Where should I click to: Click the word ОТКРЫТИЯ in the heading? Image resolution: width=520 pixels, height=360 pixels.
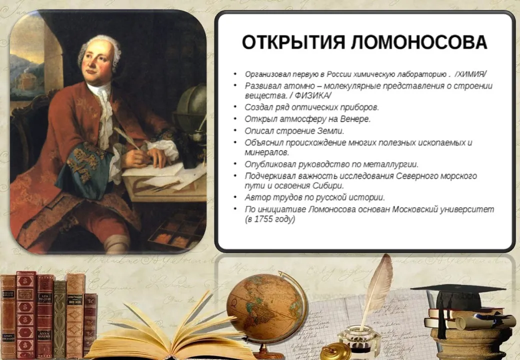293,42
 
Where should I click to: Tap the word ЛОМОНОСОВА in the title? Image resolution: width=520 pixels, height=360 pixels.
419,42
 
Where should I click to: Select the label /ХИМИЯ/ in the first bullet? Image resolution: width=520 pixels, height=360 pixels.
471,74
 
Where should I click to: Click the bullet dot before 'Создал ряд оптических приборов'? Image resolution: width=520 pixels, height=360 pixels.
235,106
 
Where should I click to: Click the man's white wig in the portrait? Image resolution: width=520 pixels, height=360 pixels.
99,49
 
